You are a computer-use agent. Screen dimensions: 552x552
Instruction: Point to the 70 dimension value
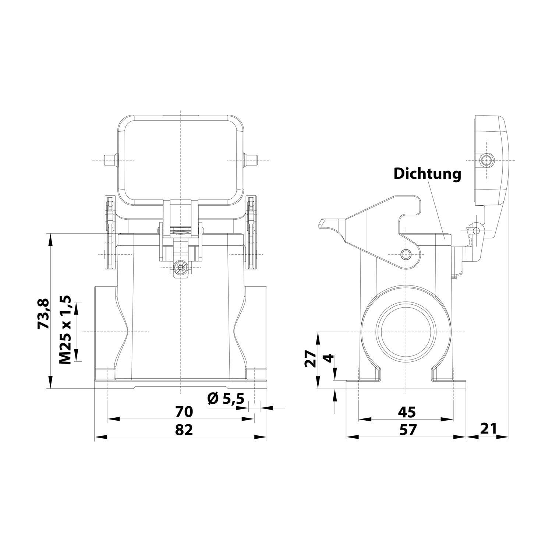point(184,412)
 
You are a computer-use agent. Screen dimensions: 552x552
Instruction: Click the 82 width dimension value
point(184,429)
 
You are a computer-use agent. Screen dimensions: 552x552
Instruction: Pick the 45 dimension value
point(407,412)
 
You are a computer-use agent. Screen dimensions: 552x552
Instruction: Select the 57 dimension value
point(407,429)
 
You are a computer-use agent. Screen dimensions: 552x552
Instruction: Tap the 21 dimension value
point(488,428)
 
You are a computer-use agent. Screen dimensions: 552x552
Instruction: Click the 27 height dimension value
point(311,358)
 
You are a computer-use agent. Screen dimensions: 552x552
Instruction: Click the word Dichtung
point(427,174)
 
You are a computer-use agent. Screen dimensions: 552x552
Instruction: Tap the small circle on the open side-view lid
point(486,160)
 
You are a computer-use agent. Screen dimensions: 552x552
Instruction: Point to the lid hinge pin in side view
point(477,230)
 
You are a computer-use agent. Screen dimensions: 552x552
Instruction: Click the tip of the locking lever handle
point(321,223)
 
